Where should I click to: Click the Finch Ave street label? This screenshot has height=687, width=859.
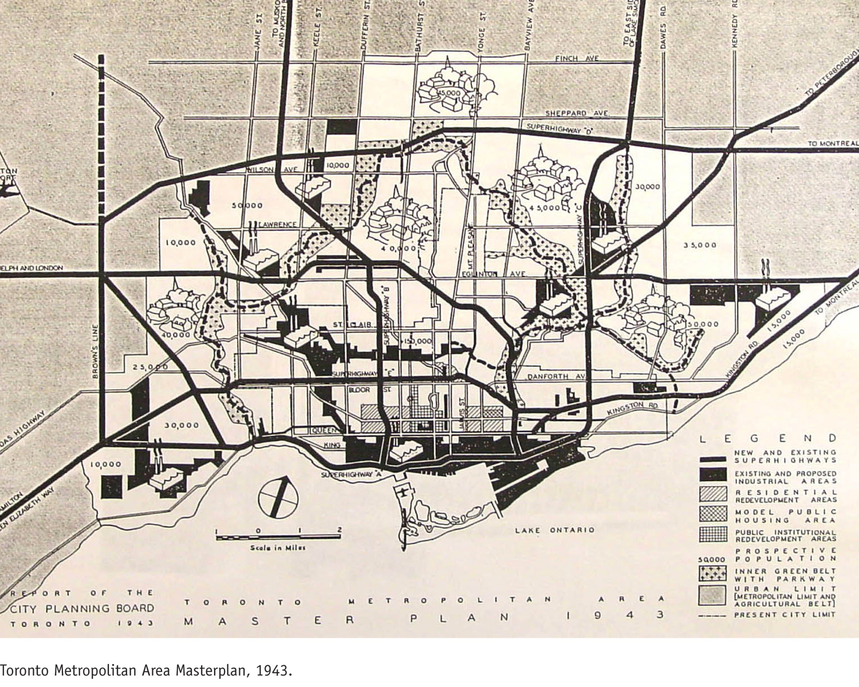point(577,58)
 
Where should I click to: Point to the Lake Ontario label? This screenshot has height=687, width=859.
point(554,530)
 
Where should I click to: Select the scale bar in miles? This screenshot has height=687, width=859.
point(278,537)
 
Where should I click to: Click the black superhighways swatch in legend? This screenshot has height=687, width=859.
point(713,459)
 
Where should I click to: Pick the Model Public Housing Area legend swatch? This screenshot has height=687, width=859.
point(713,514)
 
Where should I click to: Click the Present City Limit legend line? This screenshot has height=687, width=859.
point(713,615)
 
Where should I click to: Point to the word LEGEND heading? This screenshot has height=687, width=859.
point(768,439)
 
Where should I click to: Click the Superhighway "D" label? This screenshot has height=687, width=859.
point(558,127)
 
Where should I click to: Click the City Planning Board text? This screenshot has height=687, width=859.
point(82,608)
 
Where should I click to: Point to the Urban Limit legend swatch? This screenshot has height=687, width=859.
point(713,595)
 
